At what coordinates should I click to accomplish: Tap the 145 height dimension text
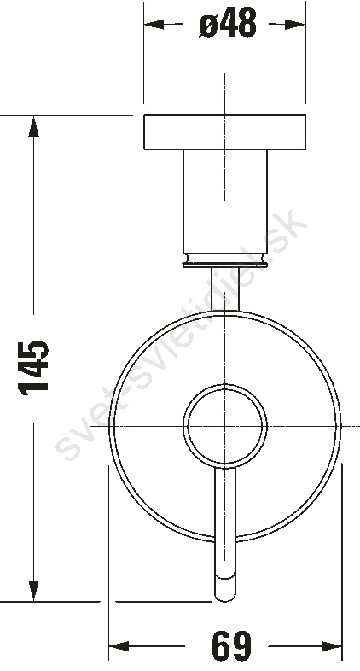point(33,368)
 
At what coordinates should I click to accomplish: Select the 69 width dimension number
point(232,645)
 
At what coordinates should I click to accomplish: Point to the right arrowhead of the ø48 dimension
point(295,24)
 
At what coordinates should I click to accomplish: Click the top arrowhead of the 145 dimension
point(33,126)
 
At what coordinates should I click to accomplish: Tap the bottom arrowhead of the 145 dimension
point(33,591)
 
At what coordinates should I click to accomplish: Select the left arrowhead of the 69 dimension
point(119,645)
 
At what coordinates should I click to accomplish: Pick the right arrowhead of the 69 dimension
point(331,645)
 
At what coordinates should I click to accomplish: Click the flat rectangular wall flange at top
point(225,132)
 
